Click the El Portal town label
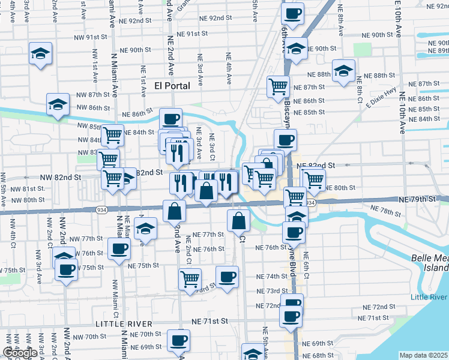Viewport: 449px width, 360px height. (172, 86)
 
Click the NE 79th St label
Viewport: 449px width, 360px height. (420, 198)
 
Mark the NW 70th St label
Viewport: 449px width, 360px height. (92, 337)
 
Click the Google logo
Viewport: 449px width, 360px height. (20, 353)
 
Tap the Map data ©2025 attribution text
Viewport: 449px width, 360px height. (424, 355)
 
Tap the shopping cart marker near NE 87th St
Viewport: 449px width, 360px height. (279, 87)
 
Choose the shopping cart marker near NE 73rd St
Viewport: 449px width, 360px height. (190, 278)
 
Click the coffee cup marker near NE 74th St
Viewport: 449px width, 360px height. (227, 277)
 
